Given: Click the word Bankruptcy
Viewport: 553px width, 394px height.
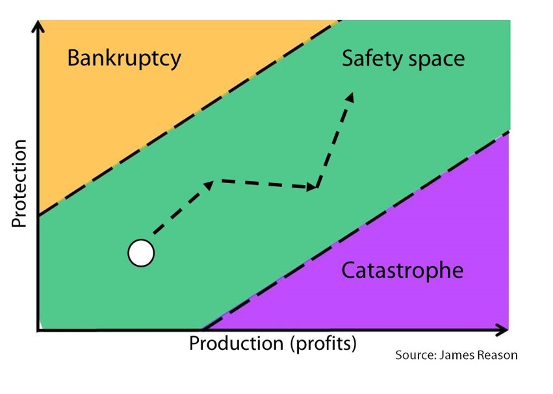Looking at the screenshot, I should click(124, 58).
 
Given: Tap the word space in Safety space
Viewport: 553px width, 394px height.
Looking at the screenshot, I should click(435, 60).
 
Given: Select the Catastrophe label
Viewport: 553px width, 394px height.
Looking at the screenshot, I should click(402, 269).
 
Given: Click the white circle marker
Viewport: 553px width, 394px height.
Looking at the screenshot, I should click(141, 253).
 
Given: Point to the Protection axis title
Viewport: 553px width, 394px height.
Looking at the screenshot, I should click(19, 184).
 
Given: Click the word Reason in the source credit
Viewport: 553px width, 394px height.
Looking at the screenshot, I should click(498, 356).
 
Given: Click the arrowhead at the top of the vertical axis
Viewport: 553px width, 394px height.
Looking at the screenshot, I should click(38, 27).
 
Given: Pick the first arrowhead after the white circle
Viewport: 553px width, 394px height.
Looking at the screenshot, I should click(209, 185).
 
